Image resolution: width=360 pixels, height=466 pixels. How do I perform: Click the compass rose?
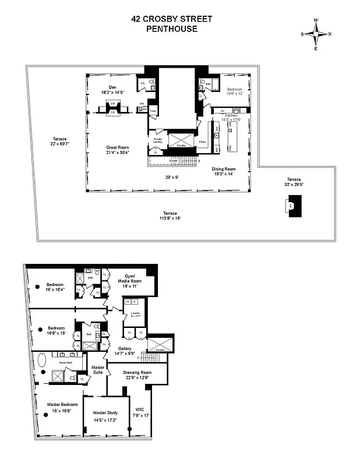316,34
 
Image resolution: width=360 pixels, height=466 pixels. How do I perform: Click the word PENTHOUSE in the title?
171,29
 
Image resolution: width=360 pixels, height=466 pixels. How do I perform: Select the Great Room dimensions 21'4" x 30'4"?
117,153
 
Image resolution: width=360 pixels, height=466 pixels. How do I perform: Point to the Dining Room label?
224,169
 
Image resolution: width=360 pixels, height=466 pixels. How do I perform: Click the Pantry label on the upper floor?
203,142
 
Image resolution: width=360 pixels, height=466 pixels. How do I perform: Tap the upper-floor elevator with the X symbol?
179,140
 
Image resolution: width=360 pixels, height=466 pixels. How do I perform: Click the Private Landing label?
158,141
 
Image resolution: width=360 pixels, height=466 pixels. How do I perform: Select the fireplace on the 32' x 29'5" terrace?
292,206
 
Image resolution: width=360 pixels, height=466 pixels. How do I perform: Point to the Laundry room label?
134,313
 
